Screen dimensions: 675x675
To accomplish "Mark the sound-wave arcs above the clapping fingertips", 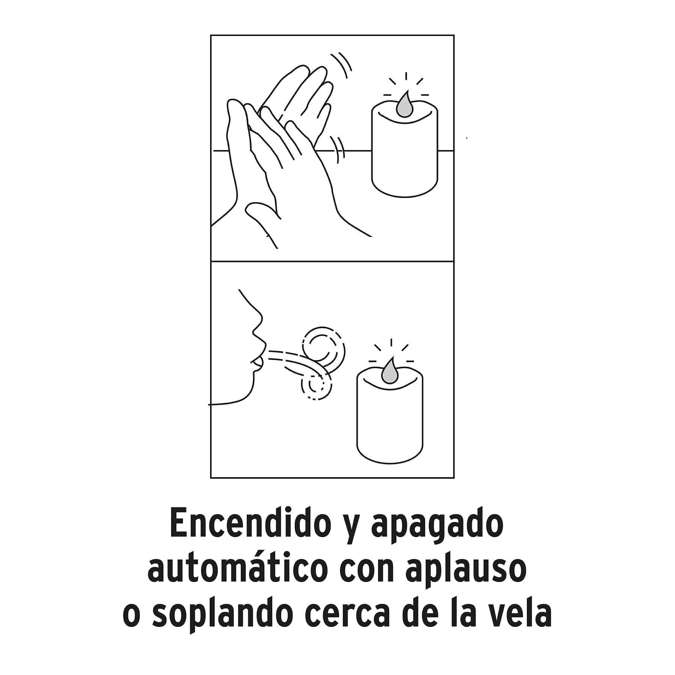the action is (x=342, y=66).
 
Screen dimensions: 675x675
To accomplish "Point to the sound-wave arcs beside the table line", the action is (x=338, y=150).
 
